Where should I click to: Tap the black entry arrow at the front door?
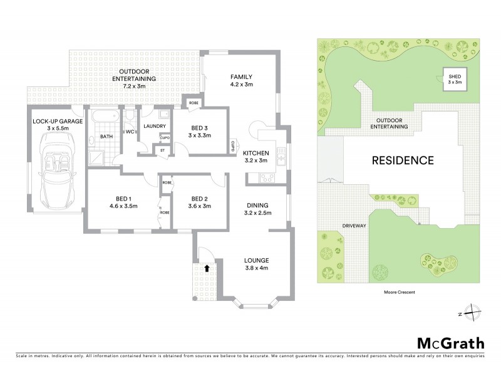click(207, 268)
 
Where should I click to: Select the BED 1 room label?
click(123, 201)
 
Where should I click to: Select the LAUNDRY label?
click(153, 126)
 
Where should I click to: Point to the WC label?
click(130, 132)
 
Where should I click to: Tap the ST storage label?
click(162, 150)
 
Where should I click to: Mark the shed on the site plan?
click(454, 78)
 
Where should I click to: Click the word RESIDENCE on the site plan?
click(403, 160)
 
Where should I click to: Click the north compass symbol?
click(474, 313)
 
